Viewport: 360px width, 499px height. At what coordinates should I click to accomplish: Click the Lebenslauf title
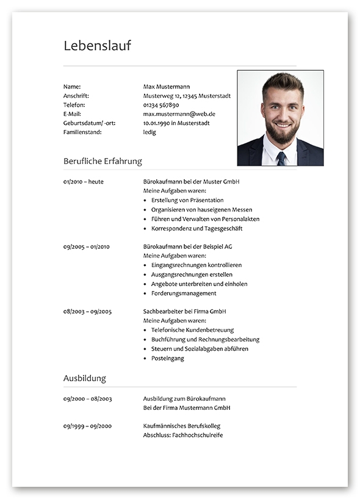click(x=97, y=46)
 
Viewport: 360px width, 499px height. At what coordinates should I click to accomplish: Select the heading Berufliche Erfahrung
click(x=103, y=161)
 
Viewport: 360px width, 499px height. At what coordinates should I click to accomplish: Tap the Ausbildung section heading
click(x=84, y=378)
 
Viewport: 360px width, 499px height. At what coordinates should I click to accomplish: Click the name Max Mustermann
click(x=167, y=87)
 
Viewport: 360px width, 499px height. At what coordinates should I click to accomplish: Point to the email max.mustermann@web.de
click(x=179, y=113)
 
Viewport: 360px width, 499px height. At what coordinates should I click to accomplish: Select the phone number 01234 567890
click(x=161, y=105)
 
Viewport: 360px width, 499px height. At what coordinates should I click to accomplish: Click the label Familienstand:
click(x=82, y=132)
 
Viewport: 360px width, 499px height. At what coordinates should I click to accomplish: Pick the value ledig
click(x=149, y=132)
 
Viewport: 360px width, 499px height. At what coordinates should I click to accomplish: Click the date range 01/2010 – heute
click(x=83, y=182)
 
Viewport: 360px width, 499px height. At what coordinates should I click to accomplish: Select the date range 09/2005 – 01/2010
click(x=86, y=246)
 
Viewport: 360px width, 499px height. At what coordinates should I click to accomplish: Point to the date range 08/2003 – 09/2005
click(x=87, y=311)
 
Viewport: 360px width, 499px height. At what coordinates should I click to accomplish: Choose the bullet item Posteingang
click(x=168, y=358)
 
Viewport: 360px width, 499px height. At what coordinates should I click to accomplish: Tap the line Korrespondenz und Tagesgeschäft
click(x=196, y=228)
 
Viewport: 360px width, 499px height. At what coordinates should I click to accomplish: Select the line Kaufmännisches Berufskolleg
click(x=182, y=426)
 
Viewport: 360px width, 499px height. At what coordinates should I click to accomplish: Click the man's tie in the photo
click(x=281, y=158)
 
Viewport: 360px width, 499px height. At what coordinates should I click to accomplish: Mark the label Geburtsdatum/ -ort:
click(x=89, y=123)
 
